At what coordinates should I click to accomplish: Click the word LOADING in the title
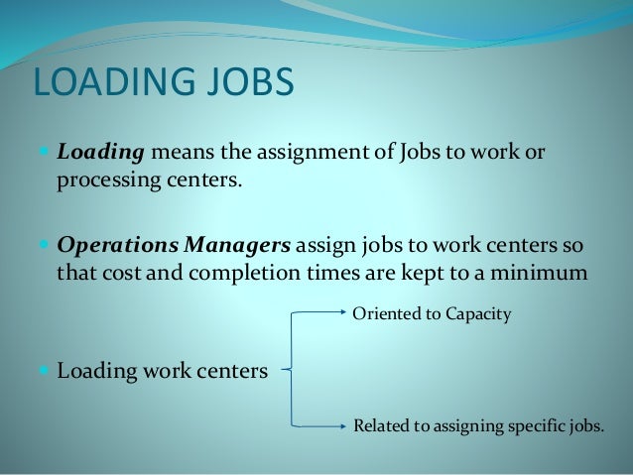[x=111, y=83]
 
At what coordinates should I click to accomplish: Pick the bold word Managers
[x=242, y=243]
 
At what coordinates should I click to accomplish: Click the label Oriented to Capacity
[x=432, y=314]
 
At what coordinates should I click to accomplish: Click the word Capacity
[x=478, y=314]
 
